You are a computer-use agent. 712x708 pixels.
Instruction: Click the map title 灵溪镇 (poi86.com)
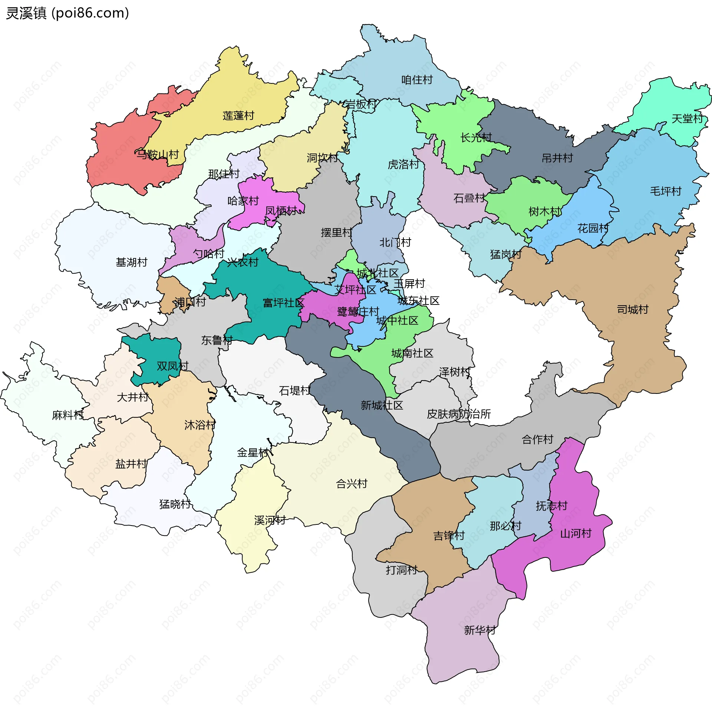coord(67,13)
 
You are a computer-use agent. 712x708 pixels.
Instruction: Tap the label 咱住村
coord(417,80)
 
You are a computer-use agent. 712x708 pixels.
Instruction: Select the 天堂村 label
coord(687,119)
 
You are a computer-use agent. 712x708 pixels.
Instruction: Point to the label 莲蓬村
coord(238,116)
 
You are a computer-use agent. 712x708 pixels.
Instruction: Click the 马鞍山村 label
coord(157,154)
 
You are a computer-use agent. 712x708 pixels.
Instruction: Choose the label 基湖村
coord(131,262)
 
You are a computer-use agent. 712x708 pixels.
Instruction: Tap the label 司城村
coord(632,309)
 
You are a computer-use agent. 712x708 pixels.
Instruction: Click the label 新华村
coord(479,630)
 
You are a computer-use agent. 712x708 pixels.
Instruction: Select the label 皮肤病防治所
coord(459,414)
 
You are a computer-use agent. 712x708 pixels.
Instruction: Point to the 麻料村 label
coord(67,415)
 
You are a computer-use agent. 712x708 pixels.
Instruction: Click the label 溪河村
coord(270,520)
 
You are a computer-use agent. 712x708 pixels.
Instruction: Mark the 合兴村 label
coord(351,484)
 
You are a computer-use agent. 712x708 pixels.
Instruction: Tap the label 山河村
coord(576,534)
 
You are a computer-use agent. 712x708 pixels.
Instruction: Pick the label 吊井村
coord(557,158)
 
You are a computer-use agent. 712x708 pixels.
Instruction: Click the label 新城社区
coord(382,405)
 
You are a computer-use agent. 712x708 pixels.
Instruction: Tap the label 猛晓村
coord(175,504)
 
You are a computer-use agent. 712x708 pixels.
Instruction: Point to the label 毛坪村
coord(666,191)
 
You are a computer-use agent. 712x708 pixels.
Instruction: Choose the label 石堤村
coord(294,391)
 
